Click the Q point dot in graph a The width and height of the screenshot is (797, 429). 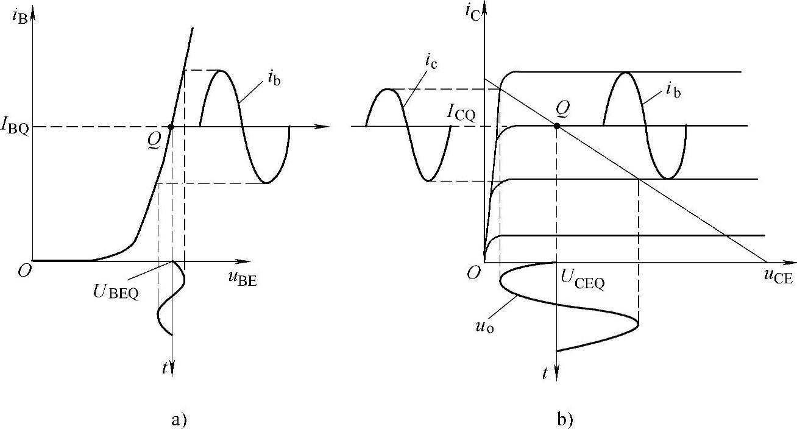point(171,127)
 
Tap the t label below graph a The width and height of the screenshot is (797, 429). point(165,367)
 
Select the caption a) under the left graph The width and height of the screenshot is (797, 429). point(179,419)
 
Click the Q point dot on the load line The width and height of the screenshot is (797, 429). point(557,126)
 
